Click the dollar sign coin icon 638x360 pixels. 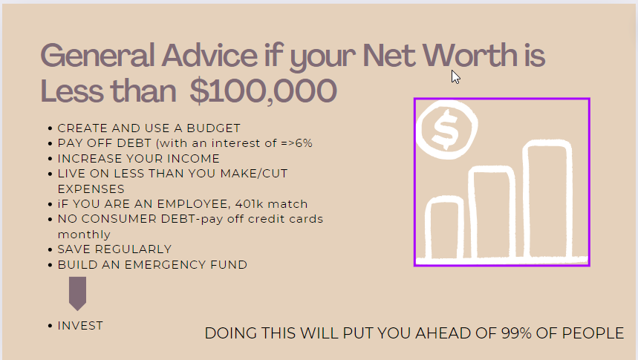coord(447,129)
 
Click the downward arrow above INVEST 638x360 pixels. coord(78,294)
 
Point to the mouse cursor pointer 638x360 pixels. coord(455,76)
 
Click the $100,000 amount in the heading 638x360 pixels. coord(263,91)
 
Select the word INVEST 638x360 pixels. coord(80,326)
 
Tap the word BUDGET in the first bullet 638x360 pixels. coord(214,128)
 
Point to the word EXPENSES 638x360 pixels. coord(91,189)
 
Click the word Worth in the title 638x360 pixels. coord(470,55)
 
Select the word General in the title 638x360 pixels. coord(97,56)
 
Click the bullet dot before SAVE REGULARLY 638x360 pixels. coord(50,249)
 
